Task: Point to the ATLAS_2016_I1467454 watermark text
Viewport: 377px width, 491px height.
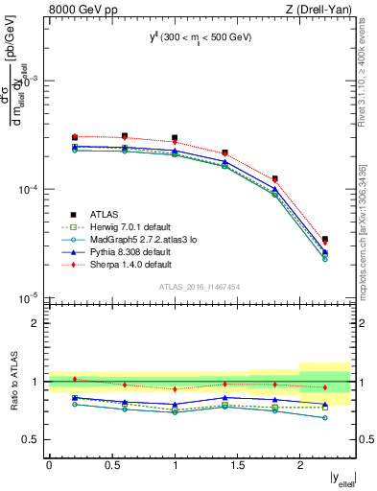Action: tap(200, 287)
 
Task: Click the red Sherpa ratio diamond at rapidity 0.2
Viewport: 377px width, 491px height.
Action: tap(75, 379)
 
